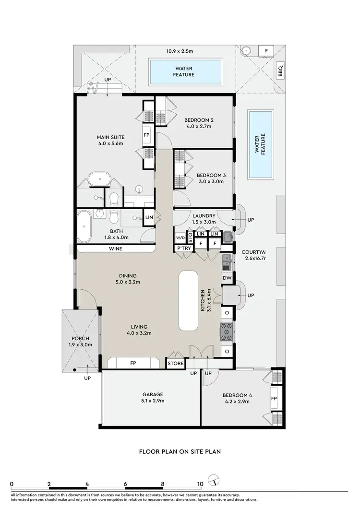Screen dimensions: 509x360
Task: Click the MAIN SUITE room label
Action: (x=111, y=137)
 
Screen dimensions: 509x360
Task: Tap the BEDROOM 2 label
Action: (x=199, y=120)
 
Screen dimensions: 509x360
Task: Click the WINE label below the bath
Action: (x=115, y=249)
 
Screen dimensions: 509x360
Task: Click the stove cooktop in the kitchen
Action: (x=227, y=332)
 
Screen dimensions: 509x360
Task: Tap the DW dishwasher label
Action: (x=227, y=278)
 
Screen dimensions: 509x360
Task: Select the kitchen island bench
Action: (x=189, y=300)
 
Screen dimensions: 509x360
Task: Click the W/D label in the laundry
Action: (x=180, y=237)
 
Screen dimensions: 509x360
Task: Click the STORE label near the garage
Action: (x=175, y=364)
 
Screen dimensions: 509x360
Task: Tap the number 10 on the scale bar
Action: (x=200, y=484)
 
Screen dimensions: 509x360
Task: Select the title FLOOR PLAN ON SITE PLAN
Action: (x=180, y=451)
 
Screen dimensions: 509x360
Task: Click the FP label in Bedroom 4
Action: (x=274, y=399)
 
